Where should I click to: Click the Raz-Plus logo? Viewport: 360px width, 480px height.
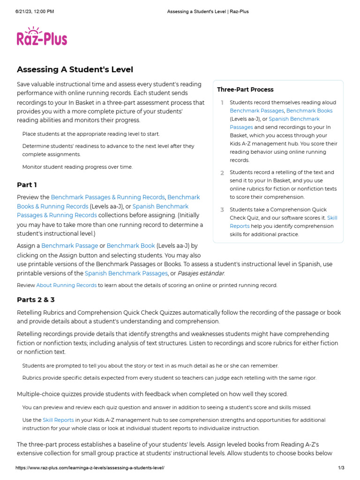point(42,38)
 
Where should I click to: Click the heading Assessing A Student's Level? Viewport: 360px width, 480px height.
point(75,70)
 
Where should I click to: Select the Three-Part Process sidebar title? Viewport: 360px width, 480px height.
point(245,90)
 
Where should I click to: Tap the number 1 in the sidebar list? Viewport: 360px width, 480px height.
point(222,103)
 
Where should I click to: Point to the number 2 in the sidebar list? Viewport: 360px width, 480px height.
point(222,173)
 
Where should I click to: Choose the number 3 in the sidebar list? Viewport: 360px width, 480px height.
point(222,210)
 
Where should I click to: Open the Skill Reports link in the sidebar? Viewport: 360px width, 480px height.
point(332,218)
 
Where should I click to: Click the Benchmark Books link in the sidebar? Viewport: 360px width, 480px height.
point(309,111)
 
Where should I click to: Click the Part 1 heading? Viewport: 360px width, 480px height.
point(27,185)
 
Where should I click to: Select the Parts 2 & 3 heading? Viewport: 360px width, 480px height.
point(36,300)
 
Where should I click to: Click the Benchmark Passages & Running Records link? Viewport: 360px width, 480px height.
point(108,197)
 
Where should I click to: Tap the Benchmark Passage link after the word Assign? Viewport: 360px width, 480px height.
point(70,246)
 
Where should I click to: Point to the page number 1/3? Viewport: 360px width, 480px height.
point(341,468)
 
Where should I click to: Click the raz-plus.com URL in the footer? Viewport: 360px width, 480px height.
point(90,468)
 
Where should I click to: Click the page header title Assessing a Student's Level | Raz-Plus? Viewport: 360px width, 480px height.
point(208,11)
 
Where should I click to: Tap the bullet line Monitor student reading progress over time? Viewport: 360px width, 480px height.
point(77,167)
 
